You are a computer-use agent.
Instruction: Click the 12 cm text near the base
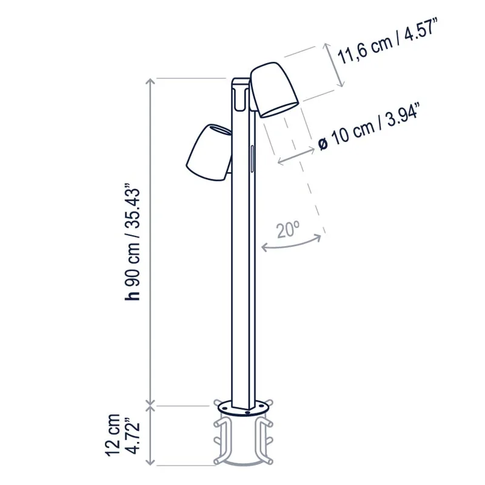(113, 435)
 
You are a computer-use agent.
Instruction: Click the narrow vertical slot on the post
(252, 159)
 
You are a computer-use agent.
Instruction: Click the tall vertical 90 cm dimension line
(150, 242)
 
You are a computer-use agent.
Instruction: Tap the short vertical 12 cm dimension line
(150, 435)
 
